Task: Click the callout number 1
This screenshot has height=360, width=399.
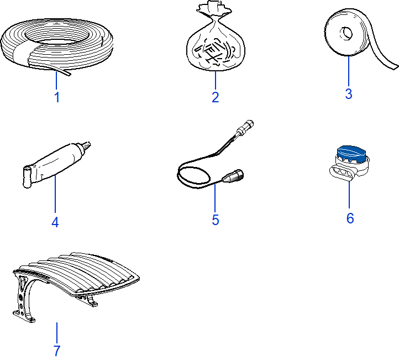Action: (57, 97)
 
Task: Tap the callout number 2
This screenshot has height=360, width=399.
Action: (216, 97)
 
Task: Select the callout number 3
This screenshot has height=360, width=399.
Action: (349, 93)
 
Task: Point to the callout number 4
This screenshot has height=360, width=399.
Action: (55, 222)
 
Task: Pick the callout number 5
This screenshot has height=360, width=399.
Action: (216, 220)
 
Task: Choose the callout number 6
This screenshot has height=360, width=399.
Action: (350, 218)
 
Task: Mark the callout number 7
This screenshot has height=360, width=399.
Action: (57, 351)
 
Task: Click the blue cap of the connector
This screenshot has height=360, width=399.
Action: (351, 154)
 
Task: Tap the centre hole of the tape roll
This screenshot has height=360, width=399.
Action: (347, 33)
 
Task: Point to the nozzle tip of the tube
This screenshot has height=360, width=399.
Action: (88, 145)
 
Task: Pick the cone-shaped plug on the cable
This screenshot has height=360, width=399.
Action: (233, 176)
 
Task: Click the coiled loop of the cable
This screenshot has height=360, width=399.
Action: (194, 175)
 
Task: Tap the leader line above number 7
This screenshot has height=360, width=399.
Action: (57, 333)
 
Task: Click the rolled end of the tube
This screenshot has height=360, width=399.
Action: (27, 177)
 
